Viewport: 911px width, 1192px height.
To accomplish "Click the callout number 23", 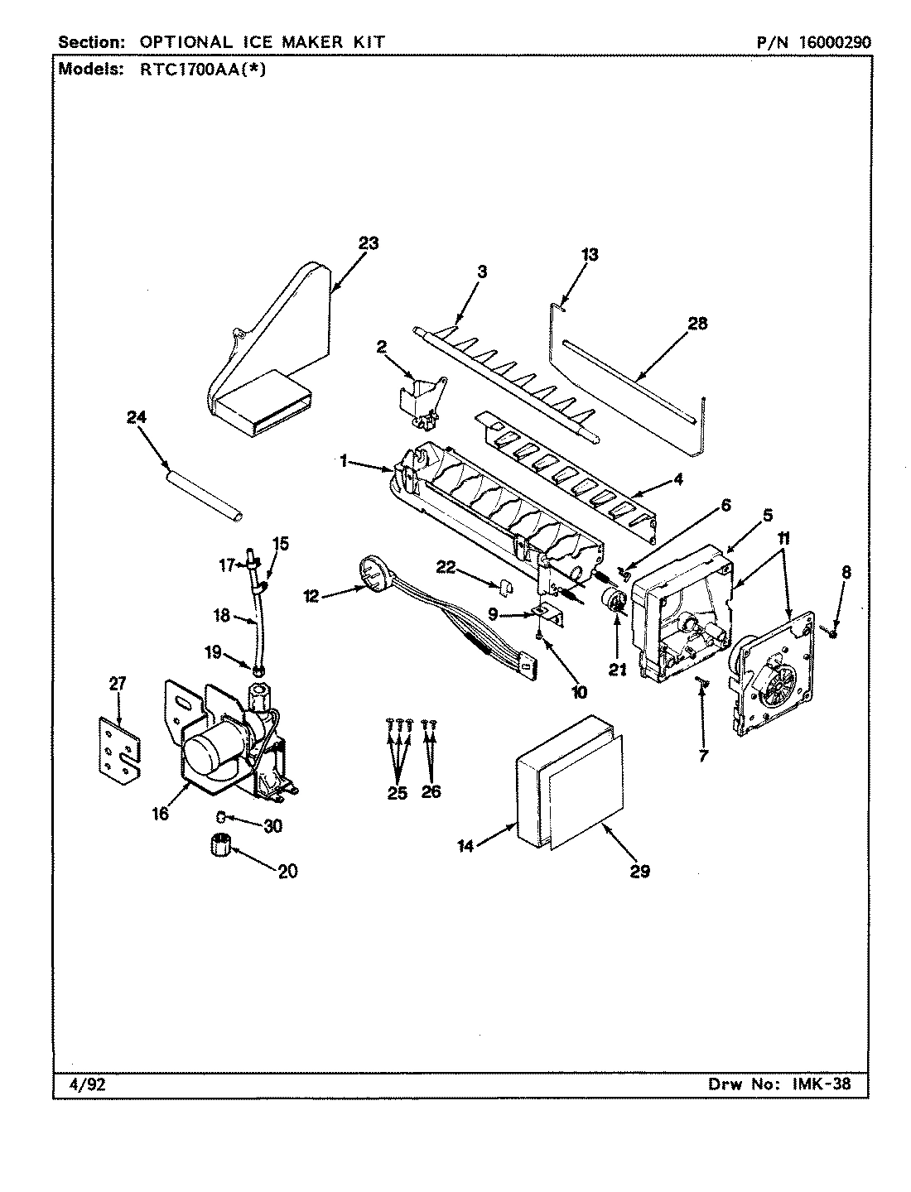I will pyautogui.click(x=368, y=243).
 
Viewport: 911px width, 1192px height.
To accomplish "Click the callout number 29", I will pyautogui.click(x=639, y=870).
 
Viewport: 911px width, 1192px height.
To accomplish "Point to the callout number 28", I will pyautogui.click(x=697, y=323).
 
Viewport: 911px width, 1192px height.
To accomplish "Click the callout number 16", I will pyautogui.click(x=160, y=814).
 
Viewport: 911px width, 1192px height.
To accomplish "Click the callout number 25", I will pyautogui.click(x=398, y=792).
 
